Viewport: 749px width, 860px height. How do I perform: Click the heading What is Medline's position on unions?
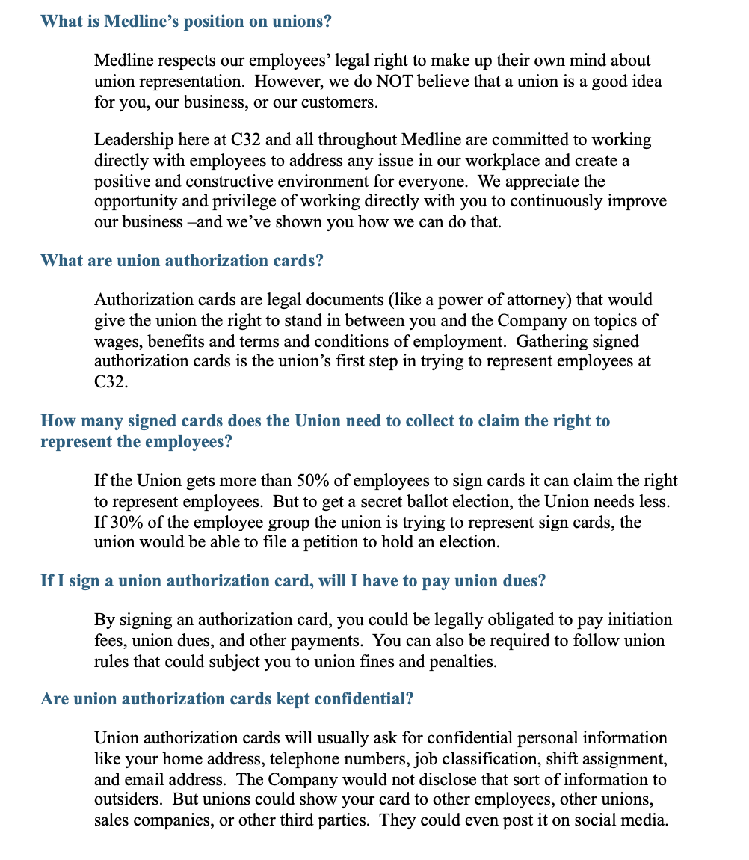tap(186, 22)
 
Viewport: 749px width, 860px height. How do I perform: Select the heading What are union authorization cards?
tap(182, 261)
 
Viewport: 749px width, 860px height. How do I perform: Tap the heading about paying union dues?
tap(293, 581)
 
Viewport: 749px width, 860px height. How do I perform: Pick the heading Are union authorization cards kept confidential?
tap(227, 699)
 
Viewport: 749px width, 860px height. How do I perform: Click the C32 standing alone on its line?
tap(108, 382)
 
